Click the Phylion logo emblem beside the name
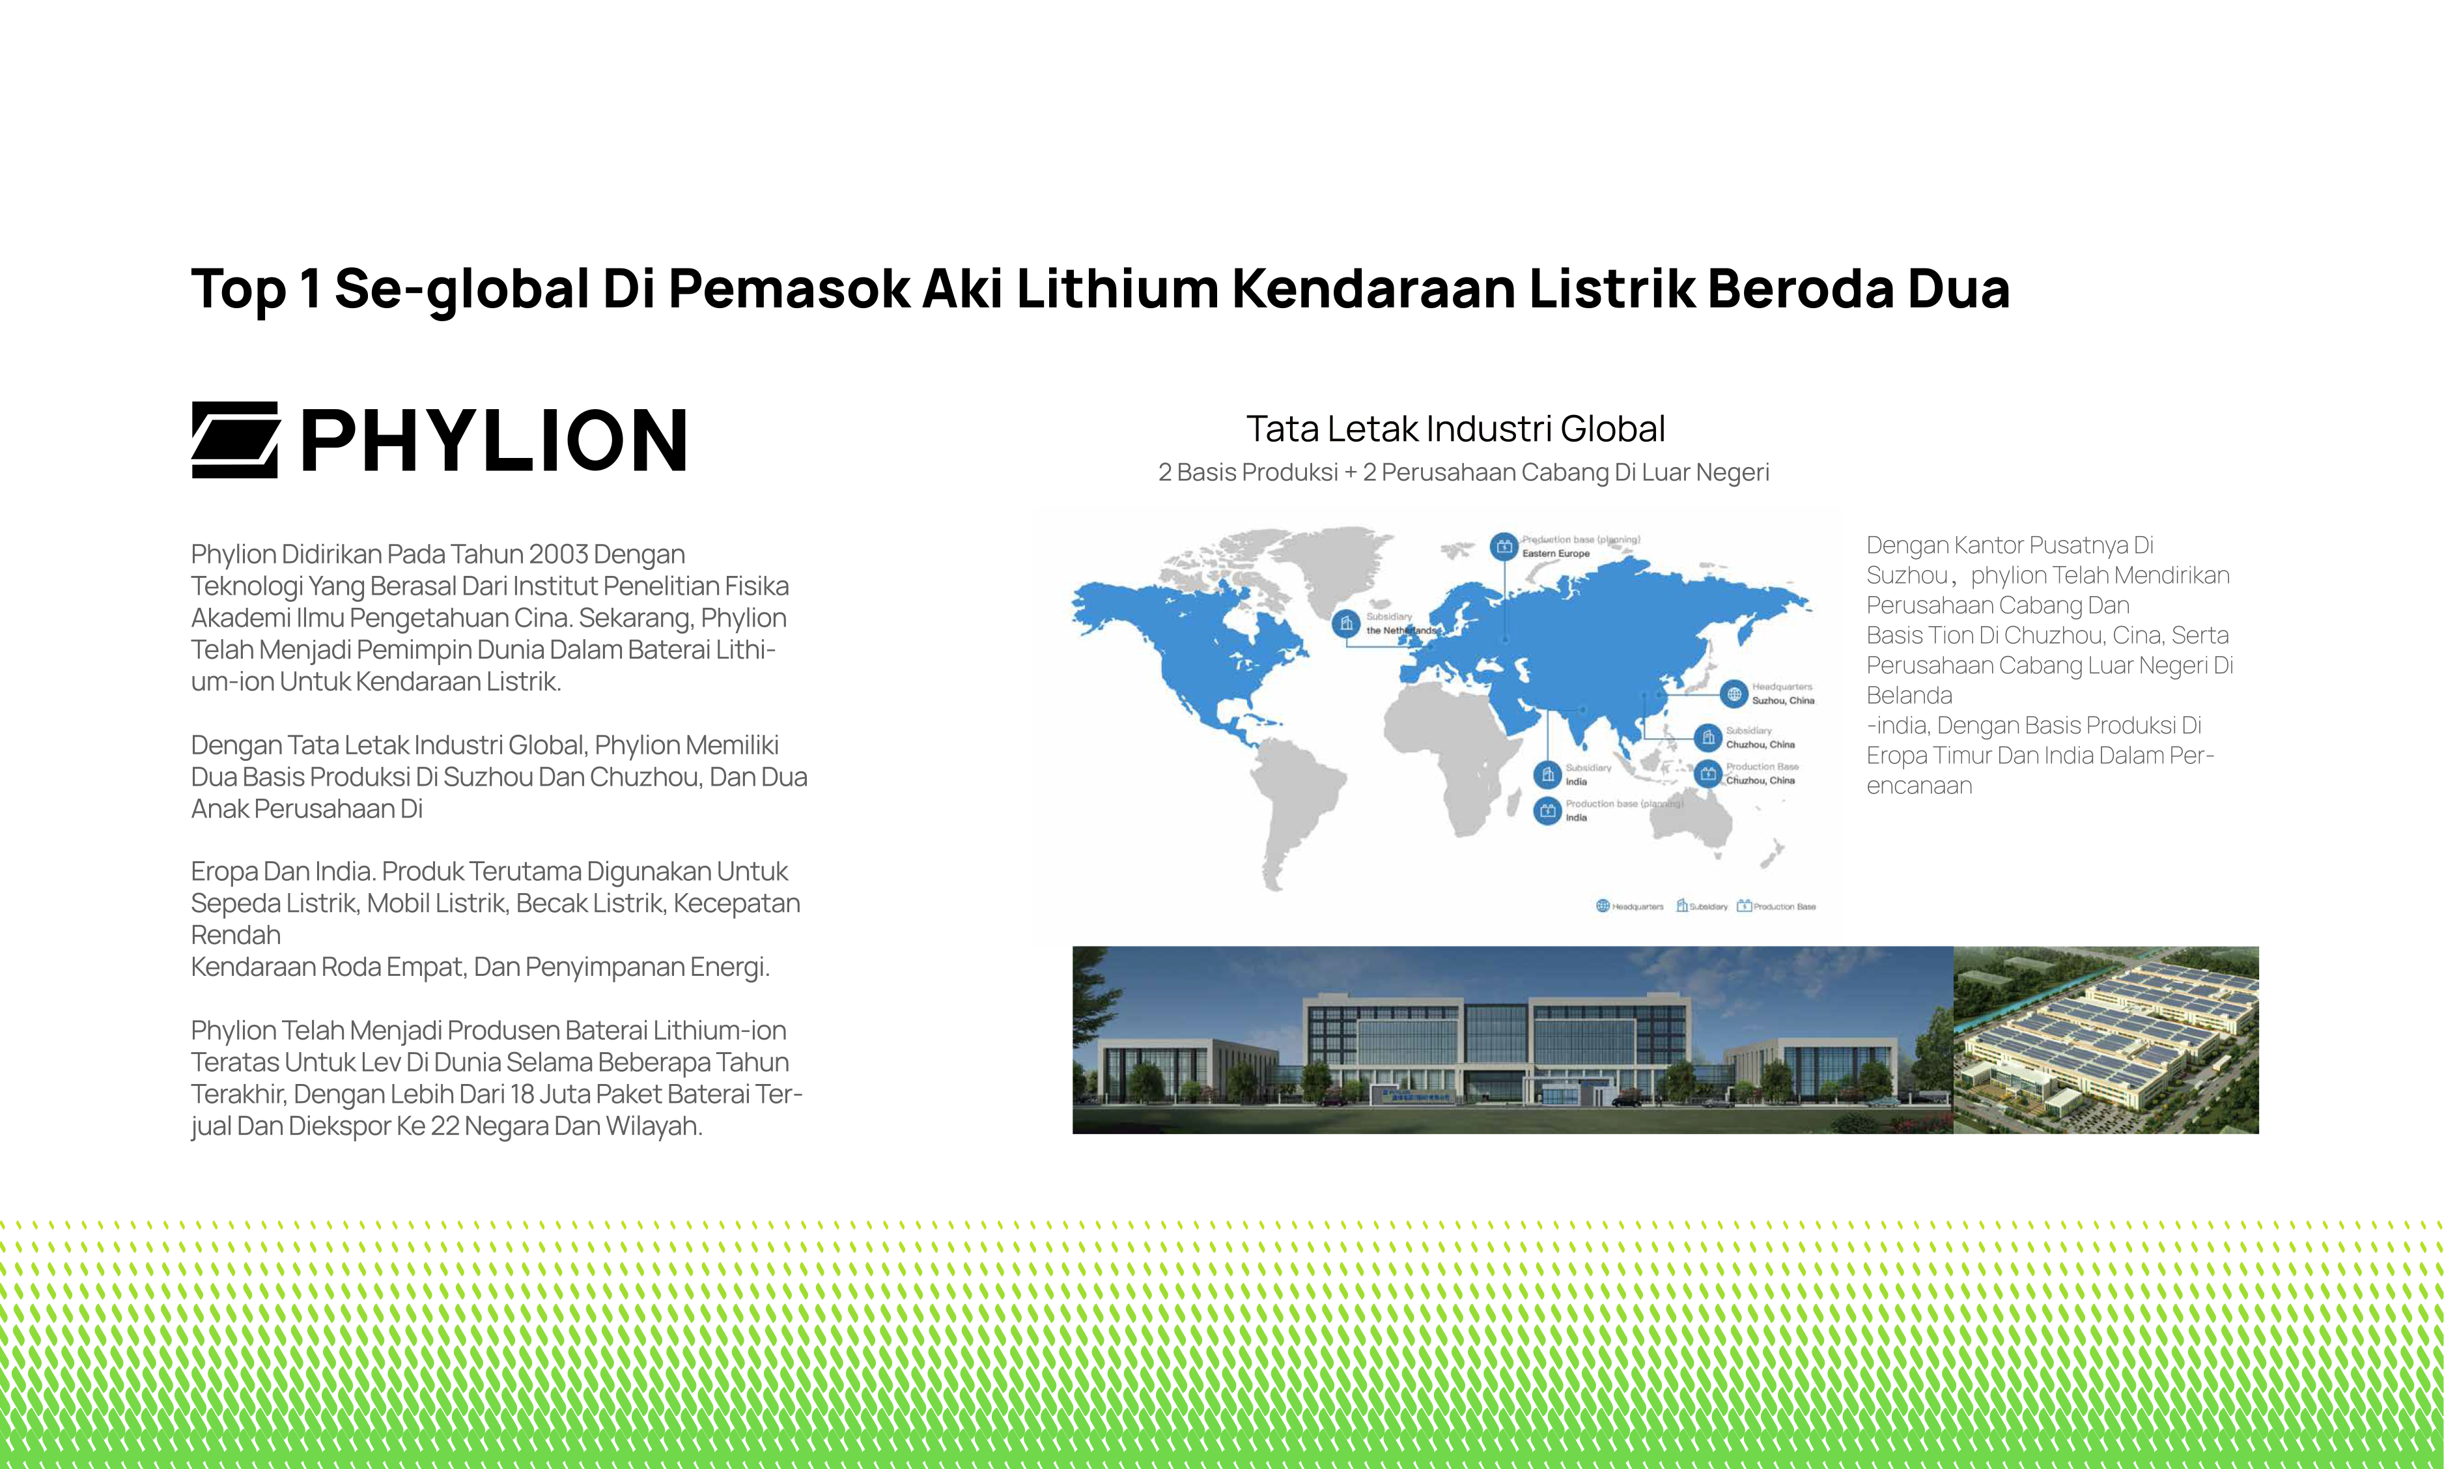pyautogui.click(x=234, y=440)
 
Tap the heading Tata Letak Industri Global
pyautogui.click(x=1455, y=429)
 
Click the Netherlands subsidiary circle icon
pyautogui.click(x=1345, y=623)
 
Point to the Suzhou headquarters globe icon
pyautogui.click(x=1734, y=694)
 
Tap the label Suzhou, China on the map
pyautogui.click(x=1783, y=701)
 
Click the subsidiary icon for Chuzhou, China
pyautogui.click(x=1709, y=737)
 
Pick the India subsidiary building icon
pyautogui.click(x=1547, y=774)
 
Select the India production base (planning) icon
pyautogui.click(x=1547, y=811)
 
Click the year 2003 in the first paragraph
pyautogui.click(x=558, y=554)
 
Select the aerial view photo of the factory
pyautogui.click(x=2105, y=1040)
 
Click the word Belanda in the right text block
pyautogui.click(x=1909, y=696)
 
